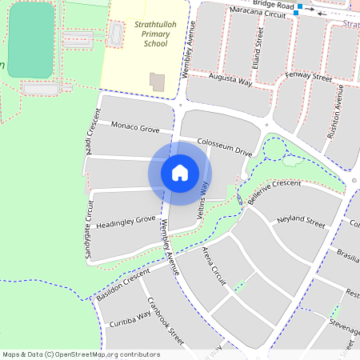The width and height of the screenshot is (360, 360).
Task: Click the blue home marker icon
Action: [180, 173]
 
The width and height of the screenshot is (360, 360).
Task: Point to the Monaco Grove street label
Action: [135, 126]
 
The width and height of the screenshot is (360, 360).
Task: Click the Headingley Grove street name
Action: [126, 222]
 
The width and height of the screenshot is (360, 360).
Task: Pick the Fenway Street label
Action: [309, 78]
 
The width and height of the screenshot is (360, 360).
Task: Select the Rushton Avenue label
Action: [334, 118]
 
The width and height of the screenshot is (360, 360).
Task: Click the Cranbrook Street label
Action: [166, 322]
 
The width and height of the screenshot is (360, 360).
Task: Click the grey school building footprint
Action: [157, 82]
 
